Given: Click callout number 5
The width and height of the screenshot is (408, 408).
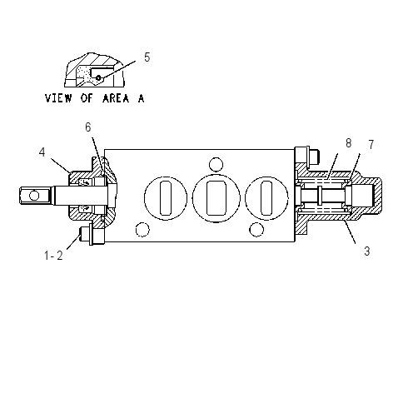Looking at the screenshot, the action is tap(147, 57).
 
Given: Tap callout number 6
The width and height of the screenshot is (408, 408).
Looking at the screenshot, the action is tap(88, 127).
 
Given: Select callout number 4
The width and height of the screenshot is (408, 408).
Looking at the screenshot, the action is tap(42, 152).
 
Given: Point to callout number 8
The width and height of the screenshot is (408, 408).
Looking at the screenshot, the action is tap(349, 143).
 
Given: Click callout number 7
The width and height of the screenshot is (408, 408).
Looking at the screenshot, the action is tap(371, 145).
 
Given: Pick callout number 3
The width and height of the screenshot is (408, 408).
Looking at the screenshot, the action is tap(367, 251).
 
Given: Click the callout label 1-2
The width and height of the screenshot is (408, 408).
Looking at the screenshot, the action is tap(54, 256).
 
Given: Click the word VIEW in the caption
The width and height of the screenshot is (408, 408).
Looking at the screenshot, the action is tap(58, 98).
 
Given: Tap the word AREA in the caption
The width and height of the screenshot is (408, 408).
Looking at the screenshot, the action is tap(116, 98).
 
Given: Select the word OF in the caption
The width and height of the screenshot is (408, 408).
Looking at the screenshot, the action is tap(87, 98).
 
